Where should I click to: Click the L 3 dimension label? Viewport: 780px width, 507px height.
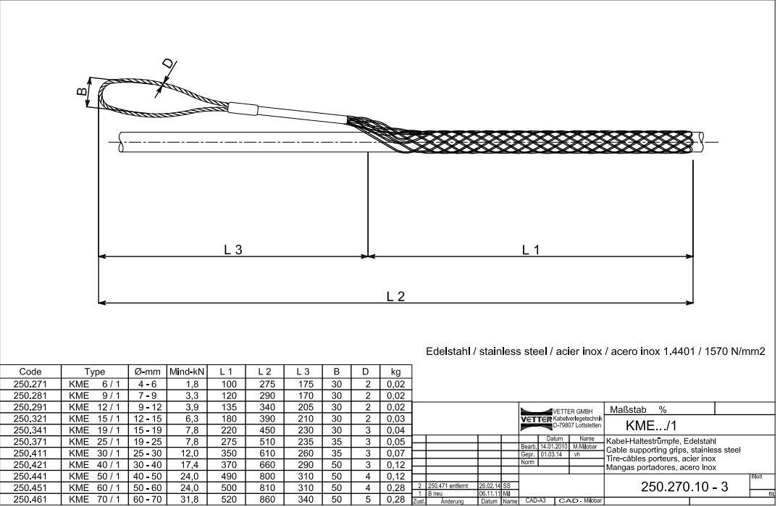(232, 249)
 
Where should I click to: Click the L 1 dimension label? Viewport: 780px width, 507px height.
(531, 249)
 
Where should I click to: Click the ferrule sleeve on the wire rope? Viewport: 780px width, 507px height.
(243, 110)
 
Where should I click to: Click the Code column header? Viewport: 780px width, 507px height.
(30, 372)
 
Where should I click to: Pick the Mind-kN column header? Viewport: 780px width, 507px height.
(188, 372)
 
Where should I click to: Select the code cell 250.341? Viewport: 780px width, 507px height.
(30, 430)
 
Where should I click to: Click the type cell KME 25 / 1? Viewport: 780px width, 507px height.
(94, 441)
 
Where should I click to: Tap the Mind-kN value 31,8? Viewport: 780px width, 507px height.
(188, 499)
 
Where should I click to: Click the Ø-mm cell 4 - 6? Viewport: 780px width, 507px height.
(147, 384)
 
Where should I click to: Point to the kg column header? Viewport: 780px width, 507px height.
(395, 372)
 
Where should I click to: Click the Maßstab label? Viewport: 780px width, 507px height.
(628, 409)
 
